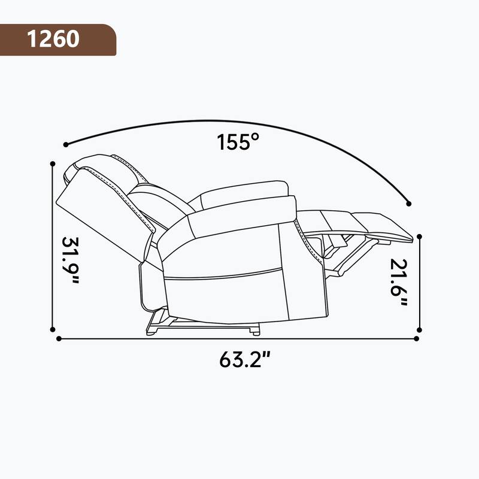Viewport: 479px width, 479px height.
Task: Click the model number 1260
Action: (x=53, y=39)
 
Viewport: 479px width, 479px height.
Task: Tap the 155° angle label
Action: (x=238, y=142)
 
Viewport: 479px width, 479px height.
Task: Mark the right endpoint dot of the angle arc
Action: (x=410, y=202)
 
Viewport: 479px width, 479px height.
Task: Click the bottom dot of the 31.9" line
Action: (x=53, y=329)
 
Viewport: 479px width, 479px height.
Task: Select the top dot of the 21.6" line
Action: (x=420, y=236)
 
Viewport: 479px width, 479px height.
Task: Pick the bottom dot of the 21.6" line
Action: (x=420, y=329)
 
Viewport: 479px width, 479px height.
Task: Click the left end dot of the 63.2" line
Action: (x=59, y=339)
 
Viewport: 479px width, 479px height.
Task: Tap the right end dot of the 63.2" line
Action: (x=416, y=339)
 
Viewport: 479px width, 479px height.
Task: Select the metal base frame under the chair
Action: (x=204, y=325)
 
